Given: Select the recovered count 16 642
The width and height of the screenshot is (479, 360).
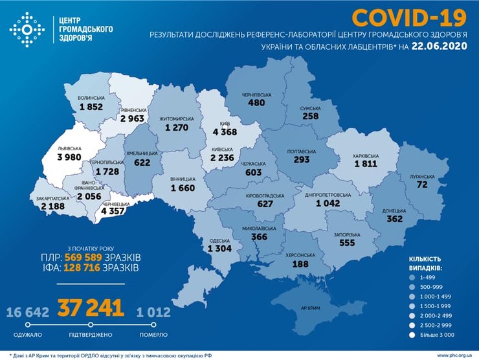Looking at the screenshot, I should [x=27, y=313].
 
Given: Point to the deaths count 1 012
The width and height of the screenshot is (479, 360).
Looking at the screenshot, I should [x=153, y=313].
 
